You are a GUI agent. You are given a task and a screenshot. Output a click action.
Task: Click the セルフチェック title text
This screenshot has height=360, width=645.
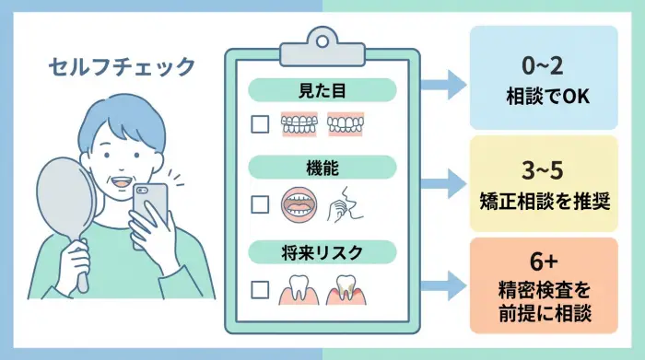pyautogui.click(x=123, y=66)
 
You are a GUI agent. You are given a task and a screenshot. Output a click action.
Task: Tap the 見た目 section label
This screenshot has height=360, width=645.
pyautogui.click(x=322, y=91)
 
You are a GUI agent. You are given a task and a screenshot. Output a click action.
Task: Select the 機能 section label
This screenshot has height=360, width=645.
pyautogui.click(x=322, y=170)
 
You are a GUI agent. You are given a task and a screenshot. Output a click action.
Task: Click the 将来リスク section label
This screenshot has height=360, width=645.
pyautogui.click(x=322, y=250)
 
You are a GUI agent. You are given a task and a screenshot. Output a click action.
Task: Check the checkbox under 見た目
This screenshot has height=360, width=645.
pyautogui.click(x=261, y=125)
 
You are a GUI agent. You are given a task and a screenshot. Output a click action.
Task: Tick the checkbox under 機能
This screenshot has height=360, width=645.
pyautogui.click(x=261, y=204)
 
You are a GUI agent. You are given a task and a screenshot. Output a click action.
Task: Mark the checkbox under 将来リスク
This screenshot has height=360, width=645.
pyautogui.click(x=261, y=286)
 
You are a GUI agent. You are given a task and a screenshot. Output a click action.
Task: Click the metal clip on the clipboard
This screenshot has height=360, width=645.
pyautogui.click(x=322, y=41)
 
